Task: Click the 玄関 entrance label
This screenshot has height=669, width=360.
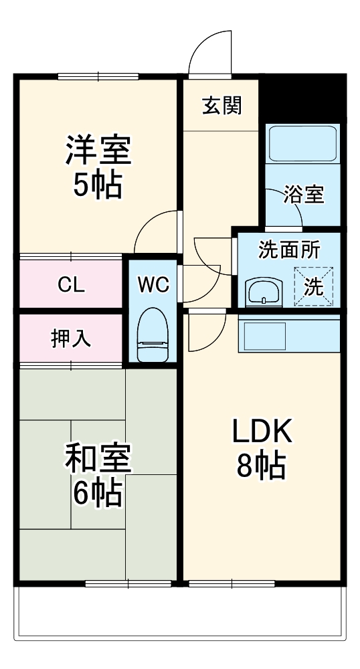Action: point(221,106)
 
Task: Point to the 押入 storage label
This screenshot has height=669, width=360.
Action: point(71,339)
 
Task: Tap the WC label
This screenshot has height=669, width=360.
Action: point(153,284)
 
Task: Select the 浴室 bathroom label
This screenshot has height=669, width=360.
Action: point(303,195)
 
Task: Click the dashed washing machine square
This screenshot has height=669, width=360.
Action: point(313,286)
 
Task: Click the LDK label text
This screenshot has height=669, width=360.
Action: point(262,432)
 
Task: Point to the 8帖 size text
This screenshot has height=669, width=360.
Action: point(262,466)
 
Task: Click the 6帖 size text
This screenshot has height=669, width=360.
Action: point(98,494)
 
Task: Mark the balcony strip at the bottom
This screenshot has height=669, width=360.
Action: point(181,612)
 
